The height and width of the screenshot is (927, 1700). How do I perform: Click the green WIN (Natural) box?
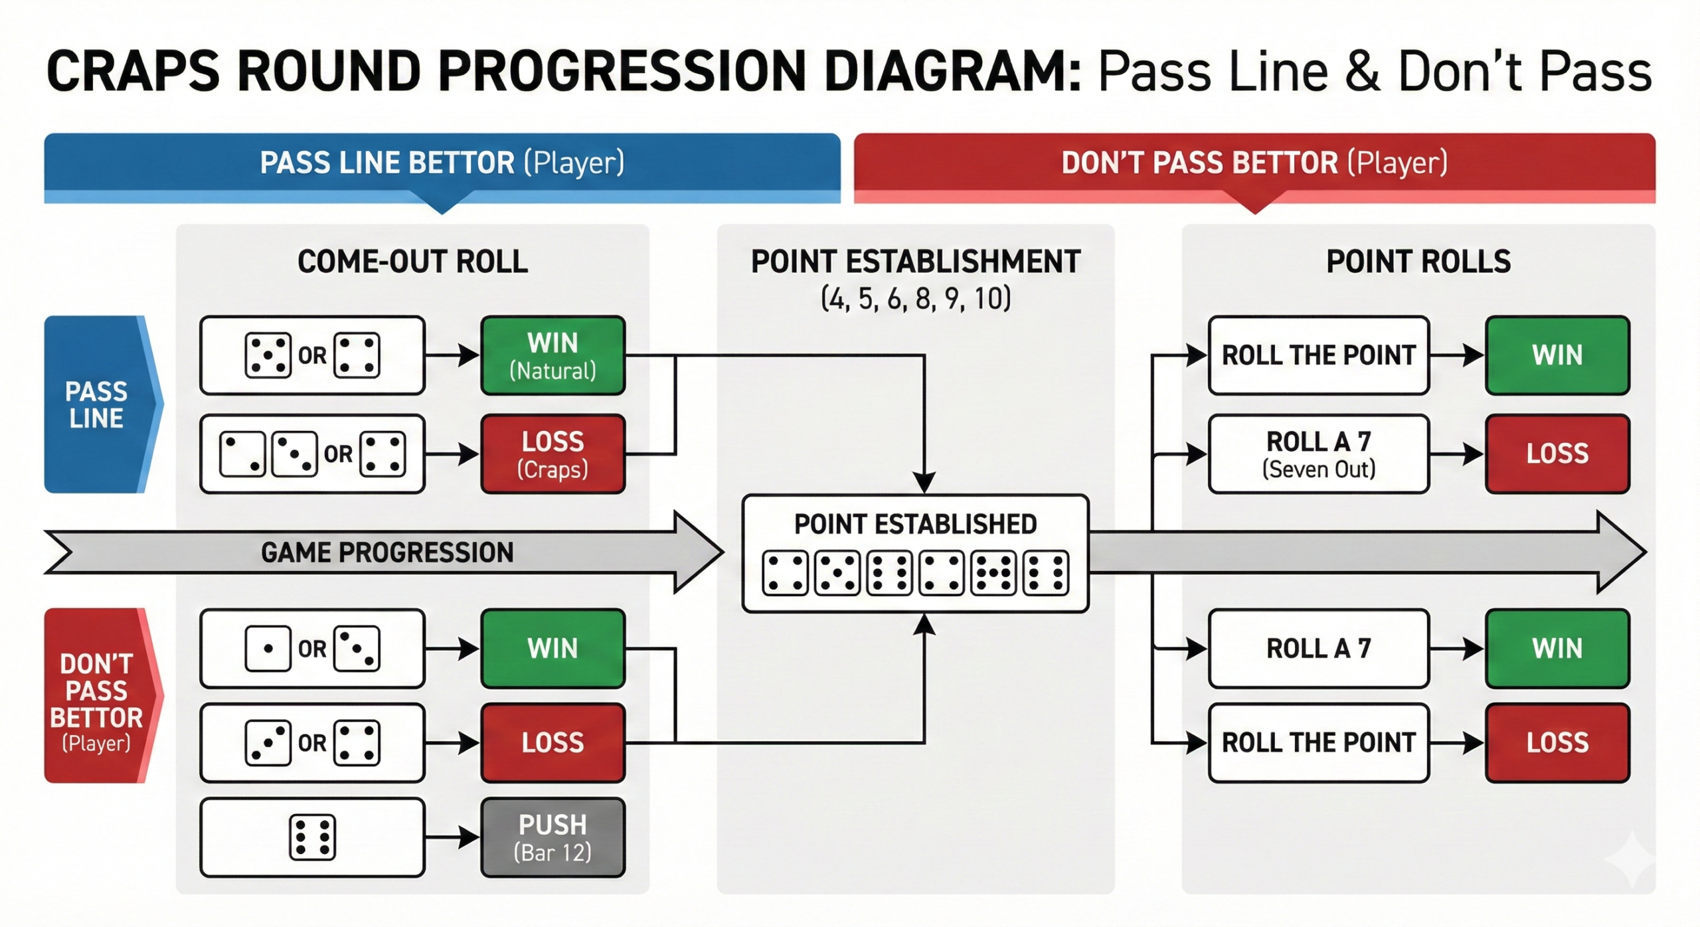point(552,355)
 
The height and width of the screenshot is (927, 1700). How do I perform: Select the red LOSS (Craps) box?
point(552,454)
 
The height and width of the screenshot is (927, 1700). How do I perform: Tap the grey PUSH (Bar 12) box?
point(552,837)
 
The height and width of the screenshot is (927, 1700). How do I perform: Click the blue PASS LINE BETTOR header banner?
point(442,163)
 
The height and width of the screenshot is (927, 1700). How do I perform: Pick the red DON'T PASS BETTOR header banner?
point(1254,163)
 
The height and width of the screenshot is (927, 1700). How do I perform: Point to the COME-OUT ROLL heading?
point(412,262)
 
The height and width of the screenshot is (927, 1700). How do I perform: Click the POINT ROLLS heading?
point(1418,262)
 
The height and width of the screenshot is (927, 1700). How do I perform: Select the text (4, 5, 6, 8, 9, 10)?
point(915,299)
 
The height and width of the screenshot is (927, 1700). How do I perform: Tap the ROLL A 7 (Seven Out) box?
point(1318,454)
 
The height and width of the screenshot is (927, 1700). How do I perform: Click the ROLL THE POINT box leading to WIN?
point(1318,355)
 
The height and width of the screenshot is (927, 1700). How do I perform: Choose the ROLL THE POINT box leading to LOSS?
point(1318,742)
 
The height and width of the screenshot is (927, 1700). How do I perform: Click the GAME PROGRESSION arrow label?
point(387,552)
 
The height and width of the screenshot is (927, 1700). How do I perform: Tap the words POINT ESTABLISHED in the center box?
point(915,525)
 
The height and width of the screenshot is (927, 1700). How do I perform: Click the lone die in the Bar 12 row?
point(312,837)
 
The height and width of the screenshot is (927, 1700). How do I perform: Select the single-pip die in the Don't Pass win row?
point(268,648)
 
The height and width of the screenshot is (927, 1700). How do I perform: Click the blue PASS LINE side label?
point(96,404)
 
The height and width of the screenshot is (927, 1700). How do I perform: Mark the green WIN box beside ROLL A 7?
point(1557,648)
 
